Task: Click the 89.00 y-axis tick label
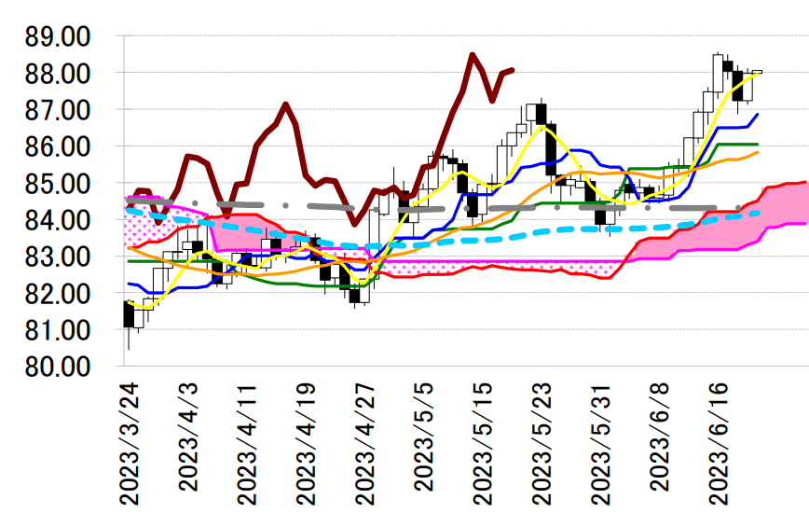pos(58,37)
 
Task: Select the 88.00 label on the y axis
pos(58,74)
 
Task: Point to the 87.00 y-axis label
pos(58,110)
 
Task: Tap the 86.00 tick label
pos(58,147)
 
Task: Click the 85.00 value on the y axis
pos(58,184)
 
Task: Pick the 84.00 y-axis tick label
pos(58,220)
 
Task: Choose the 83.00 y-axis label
pos(58,257)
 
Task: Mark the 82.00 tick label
pos(58,294)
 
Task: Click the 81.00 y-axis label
pos(58,330)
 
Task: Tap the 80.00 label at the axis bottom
pos(58,367)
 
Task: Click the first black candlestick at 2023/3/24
pos(129,314)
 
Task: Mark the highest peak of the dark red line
pos(473,55)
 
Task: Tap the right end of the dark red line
pos(513,69)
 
